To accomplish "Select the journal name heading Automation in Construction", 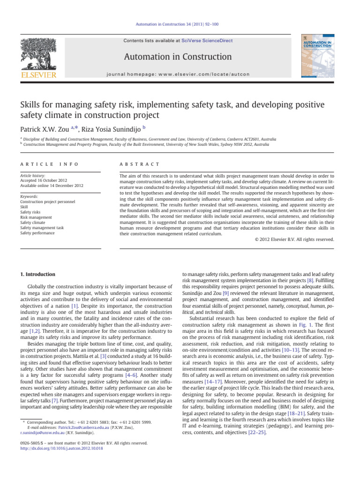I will coord(177,57).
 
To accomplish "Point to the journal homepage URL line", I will coord(177,74).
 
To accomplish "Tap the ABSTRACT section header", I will coord(141,164).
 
